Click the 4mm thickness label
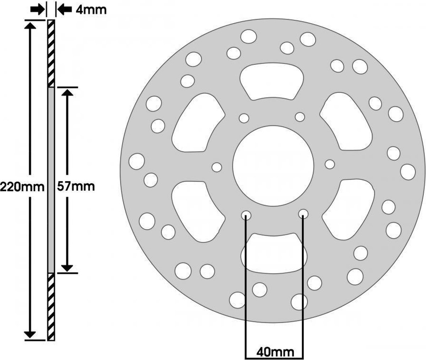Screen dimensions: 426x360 tap(91, 10)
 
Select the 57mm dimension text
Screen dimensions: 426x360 tap(76, 186)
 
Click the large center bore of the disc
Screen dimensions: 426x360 tap(273, 166)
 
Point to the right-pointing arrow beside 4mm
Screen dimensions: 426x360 tap(38, 9)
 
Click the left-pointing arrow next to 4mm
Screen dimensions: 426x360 tap(65, 9)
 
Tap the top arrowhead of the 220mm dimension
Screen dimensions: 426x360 tap(30, 26)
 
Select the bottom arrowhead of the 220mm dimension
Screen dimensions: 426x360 tap(30, 335)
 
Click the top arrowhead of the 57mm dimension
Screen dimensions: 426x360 tap(67, 93)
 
